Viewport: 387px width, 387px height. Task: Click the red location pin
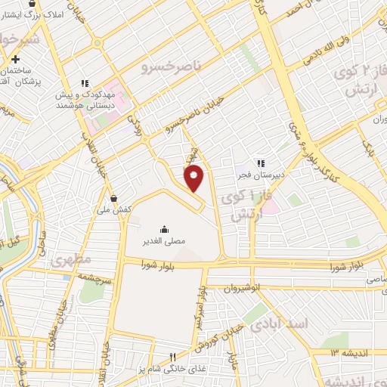[x=194, y=177]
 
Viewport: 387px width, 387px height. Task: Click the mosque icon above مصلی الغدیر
[x=165, y=229]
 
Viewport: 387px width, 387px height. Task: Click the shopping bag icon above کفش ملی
[x=113, y=197]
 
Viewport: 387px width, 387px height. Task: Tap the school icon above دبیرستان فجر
[x=260, y=162]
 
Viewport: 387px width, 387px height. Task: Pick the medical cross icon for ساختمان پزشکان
[x=15, y=59]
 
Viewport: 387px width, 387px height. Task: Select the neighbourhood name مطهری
[x=71, y=262]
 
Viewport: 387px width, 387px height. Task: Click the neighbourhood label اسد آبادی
[x=280, y=324]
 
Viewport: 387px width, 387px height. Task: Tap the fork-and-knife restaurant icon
[x=172, y=357]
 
